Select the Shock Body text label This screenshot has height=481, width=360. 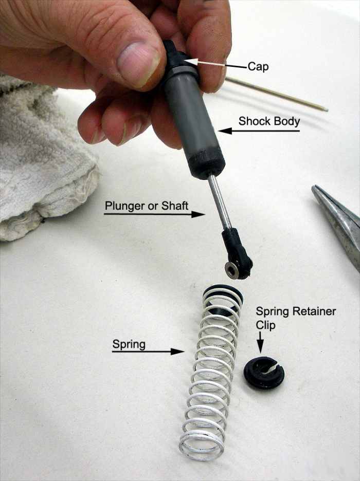(268, 121)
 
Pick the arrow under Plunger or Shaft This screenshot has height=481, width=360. (154, 214)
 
